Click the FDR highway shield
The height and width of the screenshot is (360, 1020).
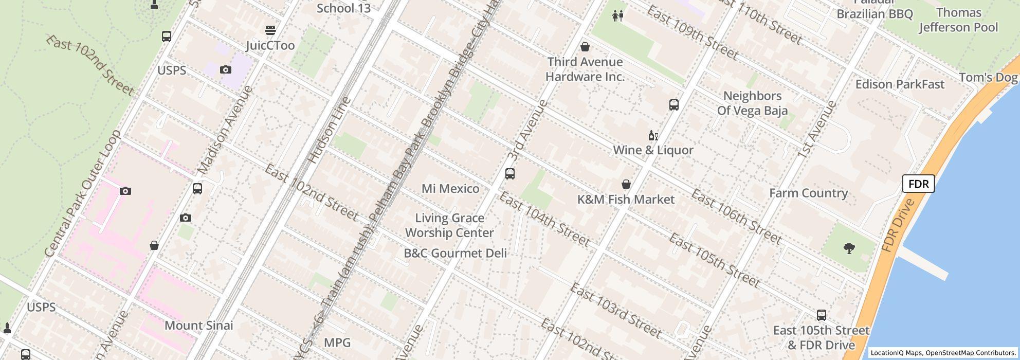tap(918, 184)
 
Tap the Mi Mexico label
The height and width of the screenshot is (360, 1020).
tap(450, 189)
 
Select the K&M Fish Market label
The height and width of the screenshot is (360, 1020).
tap(626, 200)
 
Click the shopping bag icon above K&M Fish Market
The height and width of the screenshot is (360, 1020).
tap(626, 184)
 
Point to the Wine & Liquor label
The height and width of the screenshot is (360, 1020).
tap(653, 150)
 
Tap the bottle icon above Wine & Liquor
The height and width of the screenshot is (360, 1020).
tap(653, 136)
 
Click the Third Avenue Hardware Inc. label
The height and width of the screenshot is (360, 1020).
tap(585, 69)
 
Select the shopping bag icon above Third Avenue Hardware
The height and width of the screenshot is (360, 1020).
tap(585, 47)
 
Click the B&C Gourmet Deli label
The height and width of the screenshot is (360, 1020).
tap(455, 253)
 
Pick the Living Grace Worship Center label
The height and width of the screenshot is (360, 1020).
tap(449, 225)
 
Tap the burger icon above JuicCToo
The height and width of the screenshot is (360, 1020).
tap(270, 30)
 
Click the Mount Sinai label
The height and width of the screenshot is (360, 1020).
tap(198, 326)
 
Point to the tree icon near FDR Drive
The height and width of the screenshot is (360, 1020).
tap(849, 249)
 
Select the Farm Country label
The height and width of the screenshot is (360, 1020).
tap(808, 193)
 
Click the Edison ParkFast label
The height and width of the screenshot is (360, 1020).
tap(900, 84)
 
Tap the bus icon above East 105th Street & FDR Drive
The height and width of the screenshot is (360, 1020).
tap(822, 315)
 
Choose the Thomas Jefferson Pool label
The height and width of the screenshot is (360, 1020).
tap(958, 20)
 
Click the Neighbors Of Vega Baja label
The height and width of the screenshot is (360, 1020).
tap(752, 103)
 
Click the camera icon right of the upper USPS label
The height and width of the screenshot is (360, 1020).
tap(225, 70)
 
